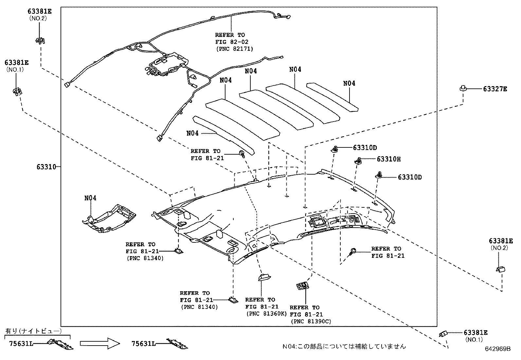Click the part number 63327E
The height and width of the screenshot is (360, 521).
click(495, 89)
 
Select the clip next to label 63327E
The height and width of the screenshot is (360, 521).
click(463, 88)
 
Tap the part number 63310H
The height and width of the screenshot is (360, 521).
click(389, 159)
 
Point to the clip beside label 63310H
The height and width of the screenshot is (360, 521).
click(358, 161)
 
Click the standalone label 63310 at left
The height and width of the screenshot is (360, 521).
click(46, 167)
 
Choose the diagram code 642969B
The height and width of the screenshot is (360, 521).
click(498, 349)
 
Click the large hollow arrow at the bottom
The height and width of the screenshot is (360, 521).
click(100, 343)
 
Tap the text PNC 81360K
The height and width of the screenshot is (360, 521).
click(266, 314)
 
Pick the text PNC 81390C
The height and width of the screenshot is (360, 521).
click(311, 321)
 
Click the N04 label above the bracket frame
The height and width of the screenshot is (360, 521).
click(90, 198)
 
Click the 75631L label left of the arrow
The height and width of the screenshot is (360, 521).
click(21, 344)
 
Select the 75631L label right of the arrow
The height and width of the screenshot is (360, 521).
click(144, 344)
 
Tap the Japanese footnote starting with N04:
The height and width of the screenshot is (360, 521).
click(344, 347)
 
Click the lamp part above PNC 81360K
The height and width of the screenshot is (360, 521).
click(264, 277)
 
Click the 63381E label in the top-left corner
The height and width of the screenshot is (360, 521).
click(40, 11)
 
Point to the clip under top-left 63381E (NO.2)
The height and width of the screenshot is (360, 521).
click(40, 40)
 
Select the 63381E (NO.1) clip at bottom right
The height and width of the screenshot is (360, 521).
click(443, 334)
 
